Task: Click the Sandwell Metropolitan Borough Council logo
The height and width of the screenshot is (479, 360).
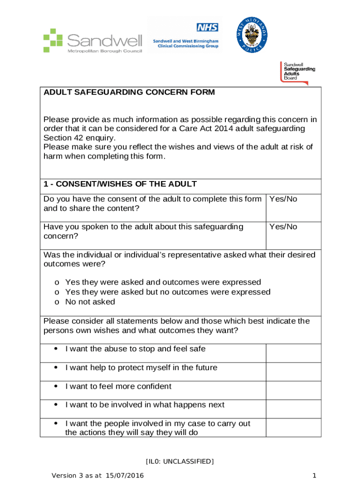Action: pyautogui.click(x=92, y=40)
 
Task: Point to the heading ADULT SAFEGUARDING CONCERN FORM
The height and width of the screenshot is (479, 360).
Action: pyautogui.click(x=129, y=92)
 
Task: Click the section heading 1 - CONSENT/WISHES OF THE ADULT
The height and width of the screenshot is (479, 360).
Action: pyautogui.click(x=120, y=184)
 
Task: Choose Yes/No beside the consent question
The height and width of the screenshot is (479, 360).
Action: pyautogui.click(x=283, y=199)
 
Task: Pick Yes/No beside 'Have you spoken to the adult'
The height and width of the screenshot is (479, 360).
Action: pyautogui.click(x=283, y=227)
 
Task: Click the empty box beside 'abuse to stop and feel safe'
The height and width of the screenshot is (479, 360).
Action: pyautogui.click(x=293, y=353)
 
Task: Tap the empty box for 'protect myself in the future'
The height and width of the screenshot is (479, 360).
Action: pyautogui.click(x=293, y=372)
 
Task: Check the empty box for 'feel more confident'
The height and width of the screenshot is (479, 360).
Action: pyautogui.click(x=293, y=391)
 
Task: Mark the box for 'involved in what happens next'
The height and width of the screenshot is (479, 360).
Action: pyautogui.click(x=293, y=409)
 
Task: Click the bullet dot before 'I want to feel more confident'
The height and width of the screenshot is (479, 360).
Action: pyautogui.click(x=56, y=386)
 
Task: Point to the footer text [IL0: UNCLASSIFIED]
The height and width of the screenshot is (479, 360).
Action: pyautogui.click(x=180, y=462)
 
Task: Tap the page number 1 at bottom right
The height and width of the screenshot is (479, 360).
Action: pyautogui.click(x=314, y=476)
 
